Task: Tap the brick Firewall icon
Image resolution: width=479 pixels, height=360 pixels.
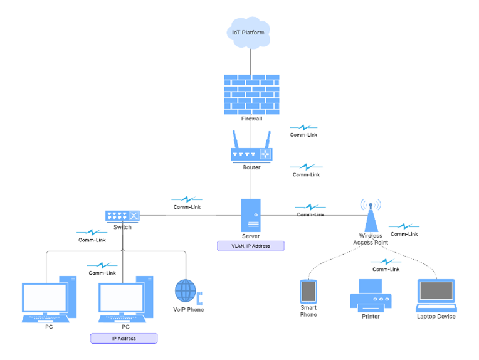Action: point(251,94)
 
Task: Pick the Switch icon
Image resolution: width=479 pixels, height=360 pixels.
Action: point(123,215)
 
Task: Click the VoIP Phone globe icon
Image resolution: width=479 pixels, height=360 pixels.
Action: point(186,291)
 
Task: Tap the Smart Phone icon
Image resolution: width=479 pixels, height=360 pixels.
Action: point(308,291)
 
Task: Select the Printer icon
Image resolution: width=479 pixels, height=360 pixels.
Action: point(371,294)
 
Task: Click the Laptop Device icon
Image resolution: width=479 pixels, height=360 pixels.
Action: point(436,295)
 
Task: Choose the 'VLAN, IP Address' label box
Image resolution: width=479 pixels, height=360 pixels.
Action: point(251,246)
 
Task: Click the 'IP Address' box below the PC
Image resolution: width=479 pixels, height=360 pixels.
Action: point(124,338)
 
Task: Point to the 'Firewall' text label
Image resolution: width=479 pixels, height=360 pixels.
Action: point(251,119)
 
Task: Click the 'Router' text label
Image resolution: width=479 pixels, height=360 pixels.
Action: point(251,167)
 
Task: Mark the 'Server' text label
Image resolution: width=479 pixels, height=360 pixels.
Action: point(251,236)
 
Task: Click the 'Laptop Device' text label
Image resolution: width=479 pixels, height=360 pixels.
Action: point(436,316)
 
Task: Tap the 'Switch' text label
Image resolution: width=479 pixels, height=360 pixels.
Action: point(123,227)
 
